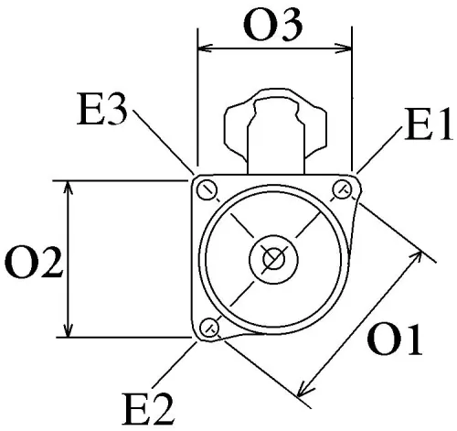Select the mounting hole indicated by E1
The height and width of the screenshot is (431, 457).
pyautogui.click(x=343, y=189)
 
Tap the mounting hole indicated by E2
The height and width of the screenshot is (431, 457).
pyautogui.click(x=209, y=326)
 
